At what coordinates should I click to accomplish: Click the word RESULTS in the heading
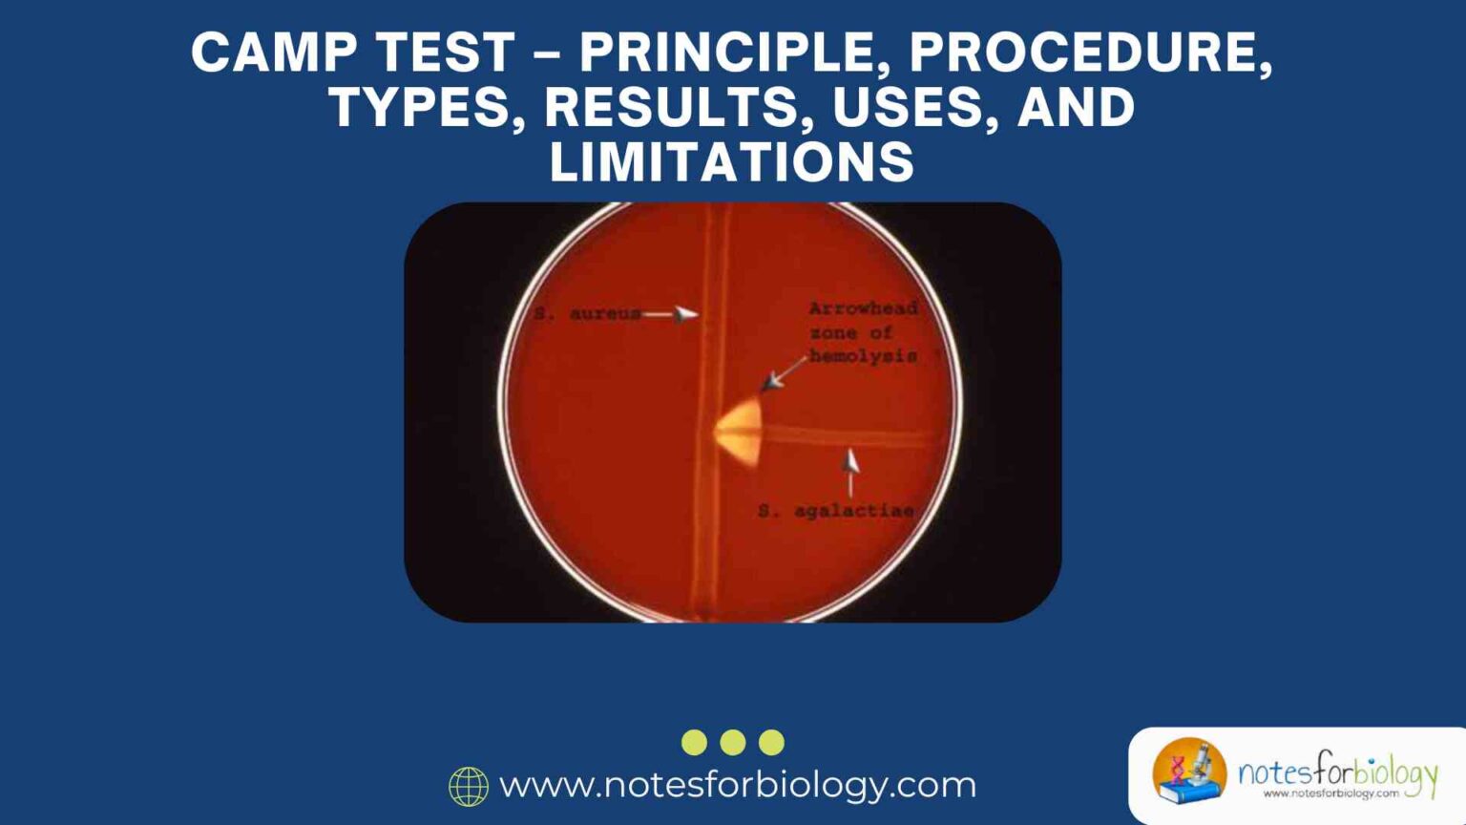[x=671, y=107]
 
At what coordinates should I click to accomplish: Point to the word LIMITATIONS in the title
[x=732, y=161]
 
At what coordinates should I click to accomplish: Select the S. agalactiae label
[x=835, y=511]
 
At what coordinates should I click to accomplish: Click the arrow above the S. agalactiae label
[x=849, y=472]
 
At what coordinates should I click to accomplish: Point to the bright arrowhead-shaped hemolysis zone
[x=740, y=433]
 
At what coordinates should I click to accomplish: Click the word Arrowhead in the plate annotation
[x=863, y=308]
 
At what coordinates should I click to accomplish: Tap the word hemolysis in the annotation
[x=863, y=356]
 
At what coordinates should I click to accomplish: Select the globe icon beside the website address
[x=469, y=786]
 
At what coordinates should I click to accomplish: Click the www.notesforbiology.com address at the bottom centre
[x=738, y=785]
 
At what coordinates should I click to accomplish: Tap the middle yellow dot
[x=733, y=742]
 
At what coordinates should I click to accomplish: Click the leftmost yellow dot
[x=695, y=742]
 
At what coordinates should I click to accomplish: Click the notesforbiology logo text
[x=1336, y=772]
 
